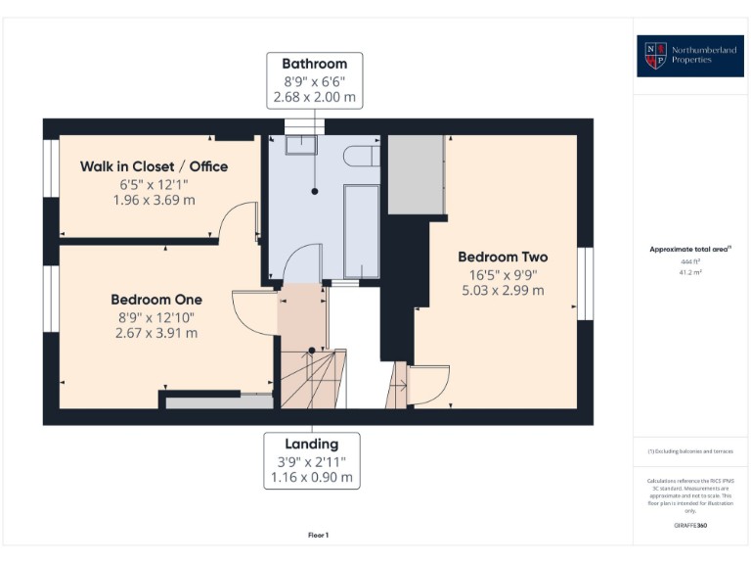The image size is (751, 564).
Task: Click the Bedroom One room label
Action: coord(156,300)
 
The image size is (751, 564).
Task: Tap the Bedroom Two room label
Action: coord(503,257)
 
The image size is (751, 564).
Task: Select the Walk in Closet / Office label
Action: coord(154,166)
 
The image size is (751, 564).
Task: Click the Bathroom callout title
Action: coord(315,64)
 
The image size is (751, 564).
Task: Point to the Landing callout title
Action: coord(312,444)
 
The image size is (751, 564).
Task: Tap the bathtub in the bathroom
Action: coord(361,231)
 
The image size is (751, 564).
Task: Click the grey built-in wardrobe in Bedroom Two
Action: coord(417,175)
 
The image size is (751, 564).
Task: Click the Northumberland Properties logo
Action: coord(688,55)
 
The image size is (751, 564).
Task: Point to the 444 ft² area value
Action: coord(688,262)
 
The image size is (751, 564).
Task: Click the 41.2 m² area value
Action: coord(688,273)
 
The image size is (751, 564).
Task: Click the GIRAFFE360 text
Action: coord(689,527)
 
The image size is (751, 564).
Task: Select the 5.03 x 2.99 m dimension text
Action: coord(503,290)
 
